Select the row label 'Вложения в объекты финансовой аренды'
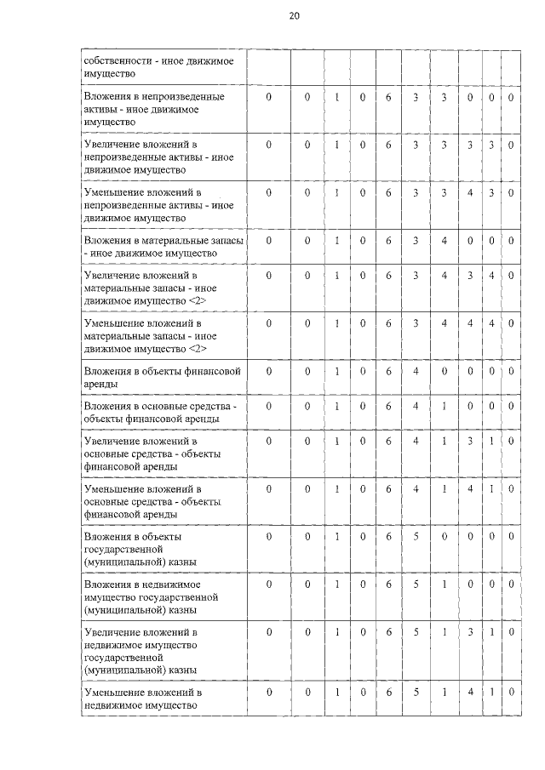162,378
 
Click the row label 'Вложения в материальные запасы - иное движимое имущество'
162,247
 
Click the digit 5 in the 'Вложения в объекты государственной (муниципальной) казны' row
416,537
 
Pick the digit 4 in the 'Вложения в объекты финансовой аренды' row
416,372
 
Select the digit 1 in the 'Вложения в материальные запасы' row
337,241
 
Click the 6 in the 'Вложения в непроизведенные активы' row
388,98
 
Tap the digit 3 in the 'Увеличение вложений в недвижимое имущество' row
470,633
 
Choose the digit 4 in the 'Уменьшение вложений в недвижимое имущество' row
470,693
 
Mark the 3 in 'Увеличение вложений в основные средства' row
470,442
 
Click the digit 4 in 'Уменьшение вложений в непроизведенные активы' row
470,193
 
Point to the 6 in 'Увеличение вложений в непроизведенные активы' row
388,145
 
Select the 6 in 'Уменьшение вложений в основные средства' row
388,490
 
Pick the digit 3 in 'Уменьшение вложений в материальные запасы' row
416,324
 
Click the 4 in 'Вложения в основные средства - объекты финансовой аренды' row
416,406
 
